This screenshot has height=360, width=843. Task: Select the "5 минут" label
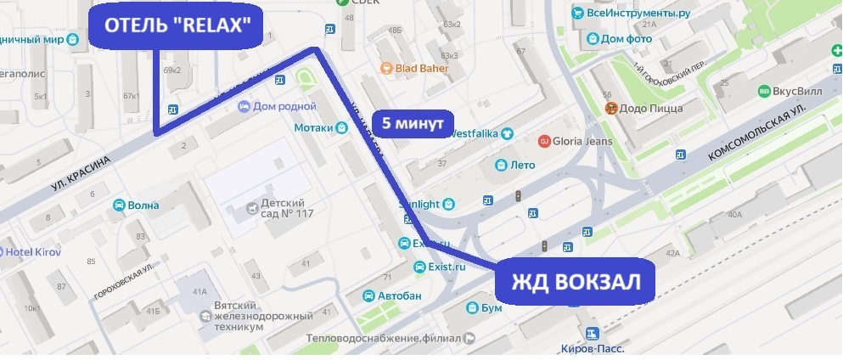click(x=413, y=123)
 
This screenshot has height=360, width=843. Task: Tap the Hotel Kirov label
click(x=30, y=252)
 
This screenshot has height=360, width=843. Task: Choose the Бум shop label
click(x=491, y=307)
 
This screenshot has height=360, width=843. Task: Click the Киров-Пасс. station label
click(x=593, y=348)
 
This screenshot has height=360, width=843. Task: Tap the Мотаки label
click(x=312, y=128)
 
